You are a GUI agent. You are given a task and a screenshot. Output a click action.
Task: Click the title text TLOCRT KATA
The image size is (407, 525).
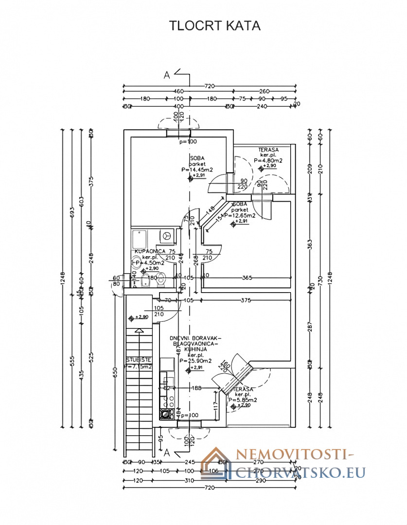(x=214, y=26)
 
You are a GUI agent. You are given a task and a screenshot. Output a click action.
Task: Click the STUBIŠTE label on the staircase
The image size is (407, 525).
(x=139, y=360)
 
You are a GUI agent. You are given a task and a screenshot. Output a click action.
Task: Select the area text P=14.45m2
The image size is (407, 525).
(x=197, y=170)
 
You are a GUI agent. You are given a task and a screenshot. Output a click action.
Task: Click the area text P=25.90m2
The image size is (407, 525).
(x=195, y=361)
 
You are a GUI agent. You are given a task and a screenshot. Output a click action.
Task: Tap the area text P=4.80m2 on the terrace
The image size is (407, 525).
(x=268, y=160)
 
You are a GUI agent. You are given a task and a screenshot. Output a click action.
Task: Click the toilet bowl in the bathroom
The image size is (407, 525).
(x=162, y=280)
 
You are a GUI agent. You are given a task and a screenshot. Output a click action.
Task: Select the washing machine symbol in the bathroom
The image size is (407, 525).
(x=167, y=235)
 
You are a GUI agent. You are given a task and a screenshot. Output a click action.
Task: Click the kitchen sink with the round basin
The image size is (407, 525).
(x=167, y=414)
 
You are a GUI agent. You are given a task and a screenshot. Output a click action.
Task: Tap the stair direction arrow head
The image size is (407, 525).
(x=140, y=331)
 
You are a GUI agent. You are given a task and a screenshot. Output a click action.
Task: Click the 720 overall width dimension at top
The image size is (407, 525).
(x=210, y=86)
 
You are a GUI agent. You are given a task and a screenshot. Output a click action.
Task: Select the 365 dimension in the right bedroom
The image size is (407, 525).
(x=247, y=278)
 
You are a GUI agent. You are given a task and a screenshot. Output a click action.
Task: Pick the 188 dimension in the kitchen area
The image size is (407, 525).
(x=196, y=387)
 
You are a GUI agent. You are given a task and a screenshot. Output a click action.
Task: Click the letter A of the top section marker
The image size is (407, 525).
(x=167, y=75)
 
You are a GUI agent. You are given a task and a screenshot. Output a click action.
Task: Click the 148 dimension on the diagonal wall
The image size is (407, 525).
(x=211, y=210)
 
